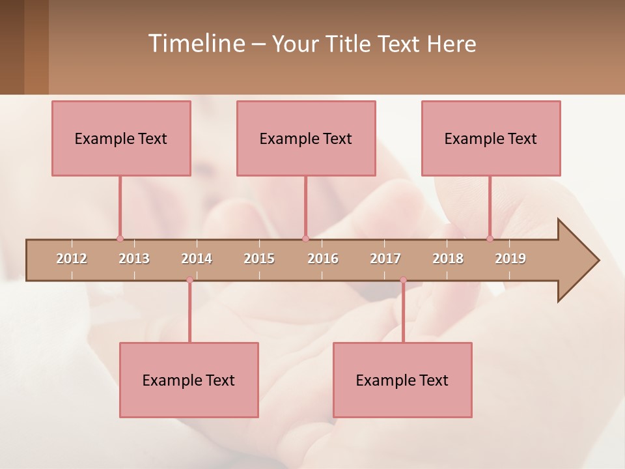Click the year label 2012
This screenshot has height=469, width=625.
(x=72, y=259)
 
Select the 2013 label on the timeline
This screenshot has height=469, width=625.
(x=134, y=259)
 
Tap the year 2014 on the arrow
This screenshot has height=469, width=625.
(x=197, y=259)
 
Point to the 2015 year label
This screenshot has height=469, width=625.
(x=259, y=259)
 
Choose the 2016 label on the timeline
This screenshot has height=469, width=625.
(x=323, y=259)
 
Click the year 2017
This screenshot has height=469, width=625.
(x=385, y=259)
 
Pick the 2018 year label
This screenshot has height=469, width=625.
(x=448, y=259)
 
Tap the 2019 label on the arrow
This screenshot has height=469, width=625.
(x=510, y=259)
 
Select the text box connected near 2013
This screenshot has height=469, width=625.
(x=121, y=138)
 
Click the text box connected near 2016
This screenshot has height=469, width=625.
(x=306, y=138)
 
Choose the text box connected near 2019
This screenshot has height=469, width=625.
(x=491, y=138)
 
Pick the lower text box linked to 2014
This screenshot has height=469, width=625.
(x=189, y=380)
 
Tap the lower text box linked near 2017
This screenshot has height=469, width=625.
(x=402, y=380)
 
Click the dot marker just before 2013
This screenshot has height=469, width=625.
(x=120, y=238)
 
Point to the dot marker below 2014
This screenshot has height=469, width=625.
(x=189, y=280)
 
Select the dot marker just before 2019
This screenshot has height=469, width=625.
(x=490, y=238)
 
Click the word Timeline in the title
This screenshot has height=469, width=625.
(x=195, y=44)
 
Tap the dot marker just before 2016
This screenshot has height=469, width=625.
(x=305, y=238)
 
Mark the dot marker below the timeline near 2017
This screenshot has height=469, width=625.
(x=403, y=280)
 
